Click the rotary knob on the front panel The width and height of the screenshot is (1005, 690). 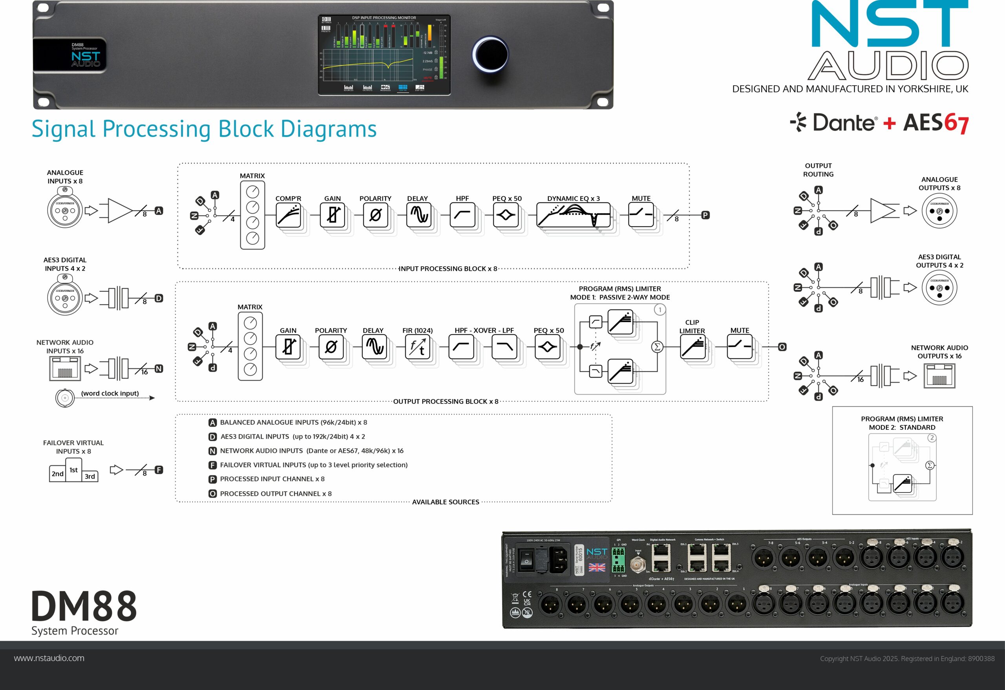point(490,55)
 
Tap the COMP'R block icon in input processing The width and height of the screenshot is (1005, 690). point(289,215)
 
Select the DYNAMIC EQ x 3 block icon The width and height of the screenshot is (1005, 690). point(574,215)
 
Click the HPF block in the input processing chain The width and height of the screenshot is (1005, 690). point(462,215)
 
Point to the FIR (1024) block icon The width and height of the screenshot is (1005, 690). point(417,347)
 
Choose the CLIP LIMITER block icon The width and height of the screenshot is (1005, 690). point(693,347)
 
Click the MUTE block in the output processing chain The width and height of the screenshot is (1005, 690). point(740,347)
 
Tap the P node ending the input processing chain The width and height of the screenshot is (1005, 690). point(705,215)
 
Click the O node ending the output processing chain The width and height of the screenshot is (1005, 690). point(782,347)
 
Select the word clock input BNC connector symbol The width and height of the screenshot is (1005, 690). point(65,397)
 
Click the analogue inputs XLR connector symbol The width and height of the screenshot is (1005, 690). point(65,210)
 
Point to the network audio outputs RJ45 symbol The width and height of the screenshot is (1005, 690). point(939,375)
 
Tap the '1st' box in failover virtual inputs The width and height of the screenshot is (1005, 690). point(73,470)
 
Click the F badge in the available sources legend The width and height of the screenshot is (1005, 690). point(212,465)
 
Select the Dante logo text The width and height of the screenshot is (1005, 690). point(844,123)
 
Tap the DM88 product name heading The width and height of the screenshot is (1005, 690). point(84,606)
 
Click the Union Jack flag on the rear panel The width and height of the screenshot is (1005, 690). point(597,567)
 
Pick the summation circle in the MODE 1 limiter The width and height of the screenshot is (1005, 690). point(657,347)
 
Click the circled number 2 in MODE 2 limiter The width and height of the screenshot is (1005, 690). point(932,438)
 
